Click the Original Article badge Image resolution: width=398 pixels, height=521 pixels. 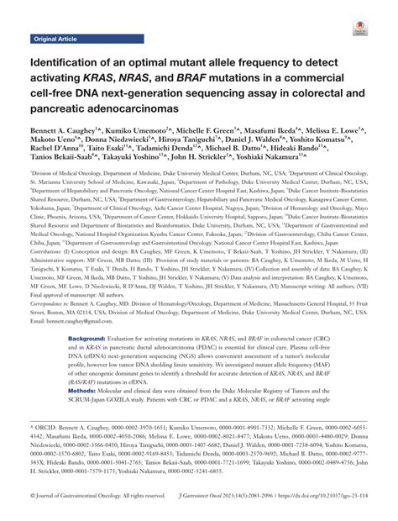pos(55,39)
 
